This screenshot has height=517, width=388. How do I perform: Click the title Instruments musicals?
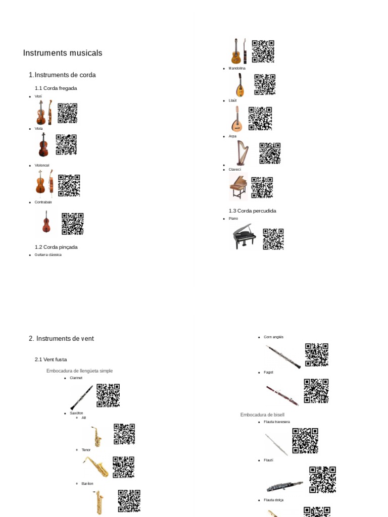coord(63,53)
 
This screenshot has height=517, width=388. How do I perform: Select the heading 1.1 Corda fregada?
coord(56,88)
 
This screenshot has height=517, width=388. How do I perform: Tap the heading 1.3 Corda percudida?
coord(252,211)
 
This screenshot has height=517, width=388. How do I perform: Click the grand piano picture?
coord(244,236)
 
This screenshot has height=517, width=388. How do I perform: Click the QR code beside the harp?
coord(270,153)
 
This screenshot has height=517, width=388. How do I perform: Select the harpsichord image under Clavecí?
coord(238,187)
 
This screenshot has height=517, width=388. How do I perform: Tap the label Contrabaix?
coord(43,202)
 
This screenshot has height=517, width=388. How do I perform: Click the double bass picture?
coord(46,222)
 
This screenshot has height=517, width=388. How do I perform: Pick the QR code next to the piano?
coord(273,239)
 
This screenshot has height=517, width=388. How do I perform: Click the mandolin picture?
coord(238,85)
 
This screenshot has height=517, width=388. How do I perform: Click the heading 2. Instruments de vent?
coord(61,339)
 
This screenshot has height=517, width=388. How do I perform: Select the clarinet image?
coord(81,397)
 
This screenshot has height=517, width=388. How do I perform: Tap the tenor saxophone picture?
coord(96,467)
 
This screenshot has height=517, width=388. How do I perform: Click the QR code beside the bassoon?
coord(316,391)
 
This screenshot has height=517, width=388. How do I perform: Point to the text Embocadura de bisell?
coord(262,415)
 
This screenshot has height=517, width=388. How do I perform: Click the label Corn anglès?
coord(273,337)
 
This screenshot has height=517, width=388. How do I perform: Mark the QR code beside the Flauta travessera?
coord(305,440)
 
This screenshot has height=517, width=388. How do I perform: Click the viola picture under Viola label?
coord(43,145)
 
